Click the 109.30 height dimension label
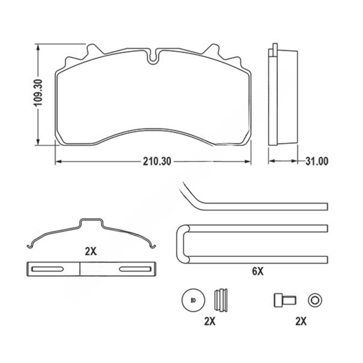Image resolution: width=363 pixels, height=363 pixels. (x=38, y=93)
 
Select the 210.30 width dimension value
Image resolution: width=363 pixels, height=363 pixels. (x=157, y=161)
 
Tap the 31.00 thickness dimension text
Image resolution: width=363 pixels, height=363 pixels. (x=317, y=161)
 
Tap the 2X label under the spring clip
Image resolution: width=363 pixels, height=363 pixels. (x=91, y=251)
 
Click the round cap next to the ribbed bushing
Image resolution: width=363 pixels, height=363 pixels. (x=193, y=300)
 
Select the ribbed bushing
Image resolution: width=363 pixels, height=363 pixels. (x=221, y=300)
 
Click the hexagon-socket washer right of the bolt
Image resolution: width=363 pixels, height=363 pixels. (x=315, y=300)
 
